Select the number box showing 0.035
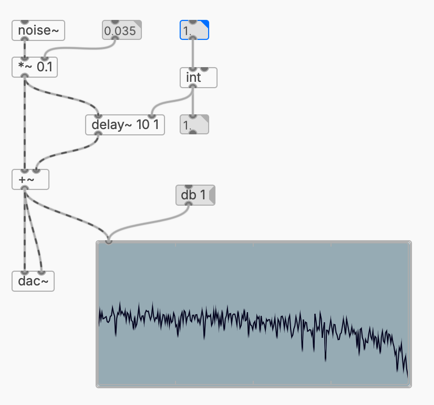point(121,31)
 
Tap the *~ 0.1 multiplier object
point(35,68)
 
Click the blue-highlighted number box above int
point(194,30)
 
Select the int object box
point(198,78)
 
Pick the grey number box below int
point(194,125)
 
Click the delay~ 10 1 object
point(125,125)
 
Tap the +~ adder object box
point(30,179)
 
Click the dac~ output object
point(33,281)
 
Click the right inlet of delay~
point(152,116)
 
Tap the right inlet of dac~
point(42,273)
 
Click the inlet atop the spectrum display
point(108,241)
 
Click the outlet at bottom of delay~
point(98,134)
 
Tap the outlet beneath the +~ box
point(24,188)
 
